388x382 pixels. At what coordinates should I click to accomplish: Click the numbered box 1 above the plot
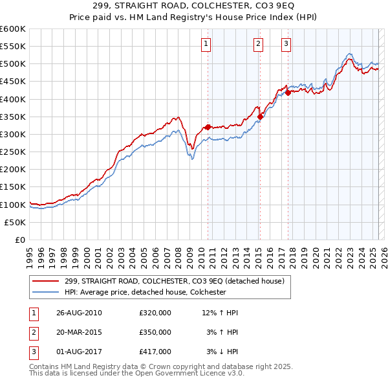(206, 44)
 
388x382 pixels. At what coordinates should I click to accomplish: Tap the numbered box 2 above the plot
(258, 44)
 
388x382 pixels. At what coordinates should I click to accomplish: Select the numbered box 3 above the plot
(286, 44)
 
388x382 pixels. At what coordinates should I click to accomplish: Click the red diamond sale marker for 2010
(208, 127)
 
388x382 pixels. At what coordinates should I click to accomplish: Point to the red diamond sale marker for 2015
(260, 117)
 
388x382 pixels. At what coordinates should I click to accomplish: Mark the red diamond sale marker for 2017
(287, 93)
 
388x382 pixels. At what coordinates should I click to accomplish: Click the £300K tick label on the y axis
(13, 134)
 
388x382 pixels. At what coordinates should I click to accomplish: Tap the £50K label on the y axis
(16, 222)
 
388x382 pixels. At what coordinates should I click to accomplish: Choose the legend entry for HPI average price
(144, 292)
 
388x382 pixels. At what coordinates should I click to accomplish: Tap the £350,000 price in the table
(155, 332)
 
